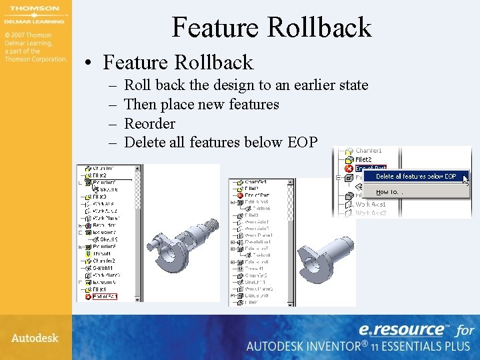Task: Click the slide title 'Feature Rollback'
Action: [x=271, y=27]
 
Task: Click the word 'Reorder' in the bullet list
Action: [x=149, y=123]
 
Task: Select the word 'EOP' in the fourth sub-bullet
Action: [x=303, y=142]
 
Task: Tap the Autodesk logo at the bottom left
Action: [x=35, y=337]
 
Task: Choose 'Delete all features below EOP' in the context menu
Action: [x=416, y=177]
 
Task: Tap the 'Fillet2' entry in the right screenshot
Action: [x=363, y=160]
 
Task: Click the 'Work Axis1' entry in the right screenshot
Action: [x=370, y=204]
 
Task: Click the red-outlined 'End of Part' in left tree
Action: [x=103, y=296]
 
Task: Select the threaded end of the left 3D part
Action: [x=211, y=223]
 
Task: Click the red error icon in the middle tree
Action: [x=239, y=194]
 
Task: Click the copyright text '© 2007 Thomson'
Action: [x=27, y=35]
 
